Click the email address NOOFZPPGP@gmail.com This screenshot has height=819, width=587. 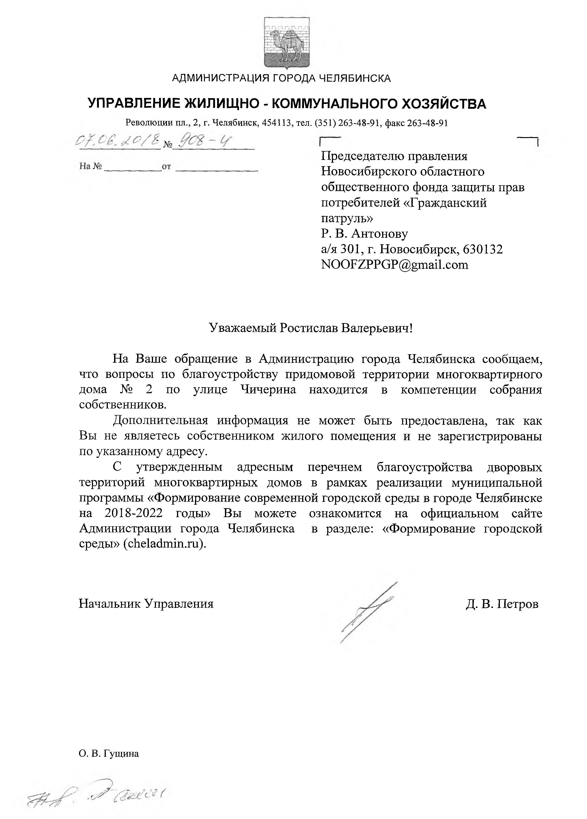(x=395, y=265)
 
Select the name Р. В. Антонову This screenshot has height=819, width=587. (x=364, y=234)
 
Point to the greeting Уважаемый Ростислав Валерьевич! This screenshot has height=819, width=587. (x=311, y=328)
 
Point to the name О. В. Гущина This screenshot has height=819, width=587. (x=109, y=754)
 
